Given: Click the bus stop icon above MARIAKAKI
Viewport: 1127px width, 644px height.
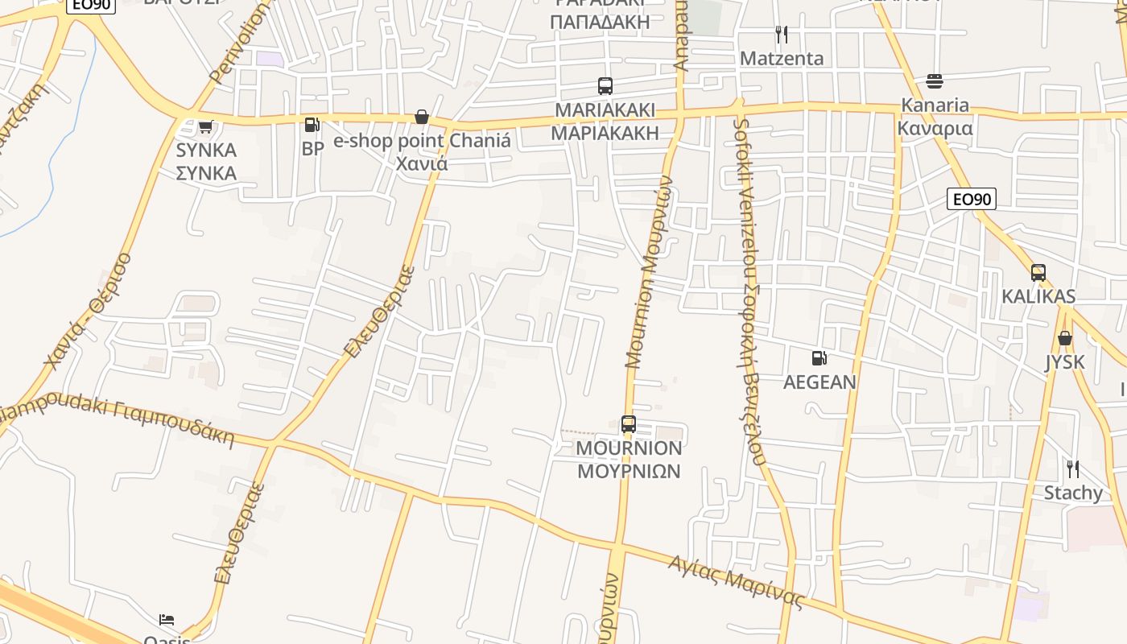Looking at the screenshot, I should (605, 86).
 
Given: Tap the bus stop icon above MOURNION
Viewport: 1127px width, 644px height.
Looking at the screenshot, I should (629, 424).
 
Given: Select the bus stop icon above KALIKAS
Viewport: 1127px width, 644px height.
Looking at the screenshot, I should (1038, 273).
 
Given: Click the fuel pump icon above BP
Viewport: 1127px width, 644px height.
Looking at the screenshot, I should (312, 125).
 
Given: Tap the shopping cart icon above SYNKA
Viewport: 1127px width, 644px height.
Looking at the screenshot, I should (206, 126).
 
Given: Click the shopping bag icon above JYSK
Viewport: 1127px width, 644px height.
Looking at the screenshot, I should (1065, 338).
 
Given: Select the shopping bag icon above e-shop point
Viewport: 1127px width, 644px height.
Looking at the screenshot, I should (422, 118).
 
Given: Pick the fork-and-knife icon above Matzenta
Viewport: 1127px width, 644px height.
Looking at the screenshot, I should (782, 35).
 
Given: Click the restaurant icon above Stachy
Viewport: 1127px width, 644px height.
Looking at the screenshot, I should (1073, 469).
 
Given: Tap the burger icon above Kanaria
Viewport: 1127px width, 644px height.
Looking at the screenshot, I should (935, 81).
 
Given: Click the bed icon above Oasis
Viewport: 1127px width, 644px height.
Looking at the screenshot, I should (167, 620).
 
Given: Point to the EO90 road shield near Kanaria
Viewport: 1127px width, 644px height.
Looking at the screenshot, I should (972, 199).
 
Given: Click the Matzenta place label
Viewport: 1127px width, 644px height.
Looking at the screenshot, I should (782, 58).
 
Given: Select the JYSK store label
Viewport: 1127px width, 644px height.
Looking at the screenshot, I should (1065, 362).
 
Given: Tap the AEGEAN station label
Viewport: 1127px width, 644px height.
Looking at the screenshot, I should (819, 382).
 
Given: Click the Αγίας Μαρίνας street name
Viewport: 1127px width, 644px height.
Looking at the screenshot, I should (736, 582).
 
